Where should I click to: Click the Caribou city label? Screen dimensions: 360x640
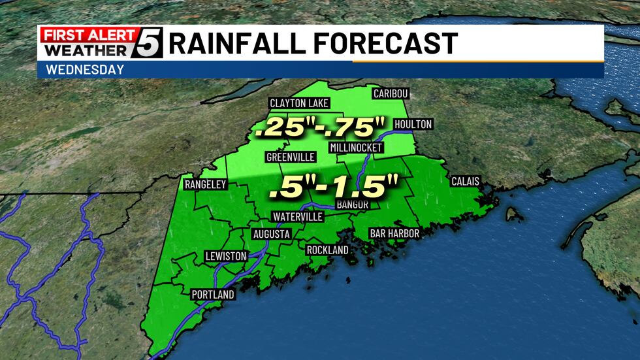[391, 93]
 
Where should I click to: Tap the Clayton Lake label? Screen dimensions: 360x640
[299, 103]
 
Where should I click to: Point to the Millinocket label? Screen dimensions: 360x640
[355, 147]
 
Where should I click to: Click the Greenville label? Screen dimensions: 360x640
[291, 157]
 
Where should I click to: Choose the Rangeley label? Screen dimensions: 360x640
[205, 184]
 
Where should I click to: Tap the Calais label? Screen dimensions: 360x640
[466, 181]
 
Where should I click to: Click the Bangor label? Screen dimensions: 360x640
[353, 205]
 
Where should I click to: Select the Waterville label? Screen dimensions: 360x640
[297, 217]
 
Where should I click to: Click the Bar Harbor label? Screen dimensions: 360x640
[394, 233]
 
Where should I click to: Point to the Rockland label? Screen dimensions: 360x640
[327, 250]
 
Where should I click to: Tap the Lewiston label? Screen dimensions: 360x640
[225, 256]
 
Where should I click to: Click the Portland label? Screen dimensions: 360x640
[213, 295]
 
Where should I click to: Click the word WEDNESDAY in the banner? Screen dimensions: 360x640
[86, 70]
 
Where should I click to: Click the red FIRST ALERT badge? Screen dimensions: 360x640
[88, 35]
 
